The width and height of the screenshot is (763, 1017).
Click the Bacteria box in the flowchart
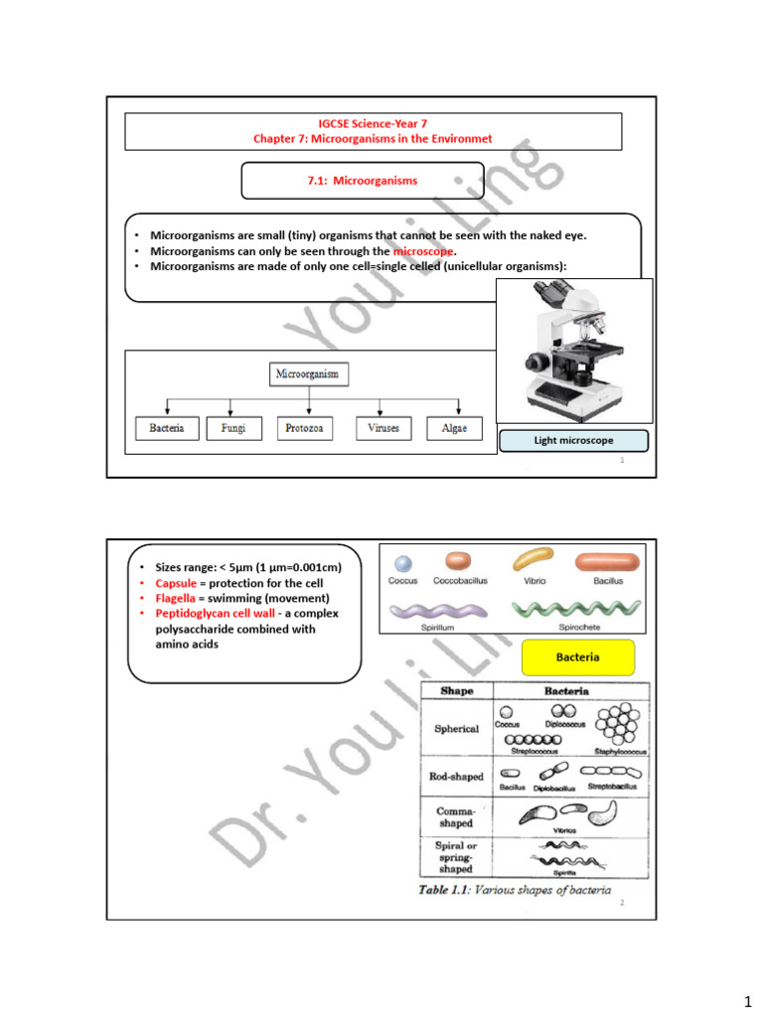(x=165, y=429)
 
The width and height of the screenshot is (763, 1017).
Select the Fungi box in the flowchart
(x=232, y=429)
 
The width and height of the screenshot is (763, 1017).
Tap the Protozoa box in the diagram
(x=304, y=429)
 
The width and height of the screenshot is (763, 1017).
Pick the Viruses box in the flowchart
(x=382, y=429)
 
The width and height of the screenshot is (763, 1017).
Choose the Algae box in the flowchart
(x=455, y=429)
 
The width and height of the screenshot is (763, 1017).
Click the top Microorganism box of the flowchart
(x=309, y=374)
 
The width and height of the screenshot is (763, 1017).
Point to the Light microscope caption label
(x=573, y=440)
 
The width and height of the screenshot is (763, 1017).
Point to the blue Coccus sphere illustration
(x=402, y=563)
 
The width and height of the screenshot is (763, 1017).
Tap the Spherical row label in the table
(x=456, y=729)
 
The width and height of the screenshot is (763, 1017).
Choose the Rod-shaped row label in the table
(x=456, y=777)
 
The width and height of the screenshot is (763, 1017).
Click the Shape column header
(x=455, y=691)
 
